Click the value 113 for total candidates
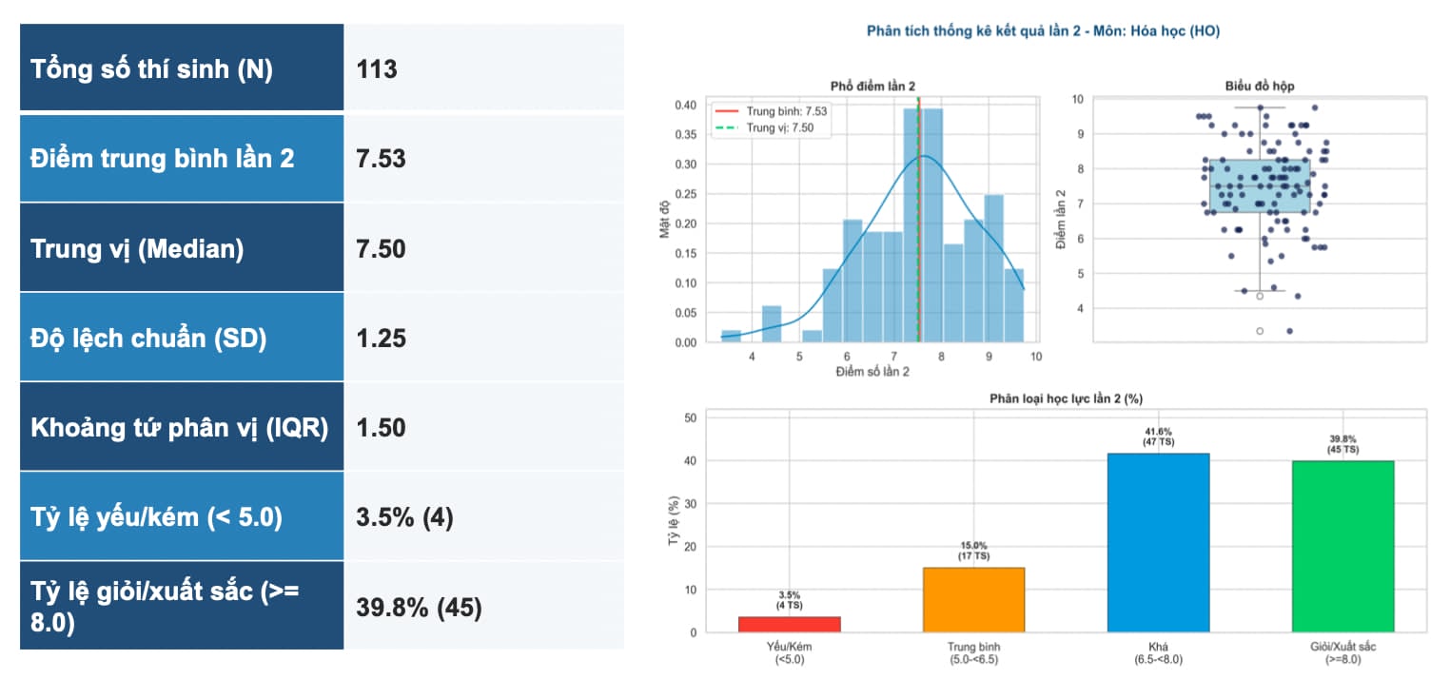point(377,69)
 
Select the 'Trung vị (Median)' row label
point(137,249)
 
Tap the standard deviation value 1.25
point(381,339)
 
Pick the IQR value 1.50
point(381,428)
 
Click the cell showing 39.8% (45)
point(419,608)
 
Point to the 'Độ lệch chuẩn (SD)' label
point(148,338)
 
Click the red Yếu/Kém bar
point(789,624)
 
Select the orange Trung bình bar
point(973,599)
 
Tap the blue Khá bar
point(1158,542)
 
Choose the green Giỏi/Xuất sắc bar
point(1342,546)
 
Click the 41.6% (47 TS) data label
point(1158,436)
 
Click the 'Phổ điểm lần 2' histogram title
point(872,87)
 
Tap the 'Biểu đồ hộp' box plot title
point(1259,87)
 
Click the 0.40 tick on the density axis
point(685,105)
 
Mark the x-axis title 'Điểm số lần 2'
point(872,372)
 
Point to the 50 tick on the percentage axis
point(690,418)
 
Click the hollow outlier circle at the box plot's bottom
point(1260,331)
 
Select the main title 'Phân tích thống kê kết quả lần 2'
point(973,31)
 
